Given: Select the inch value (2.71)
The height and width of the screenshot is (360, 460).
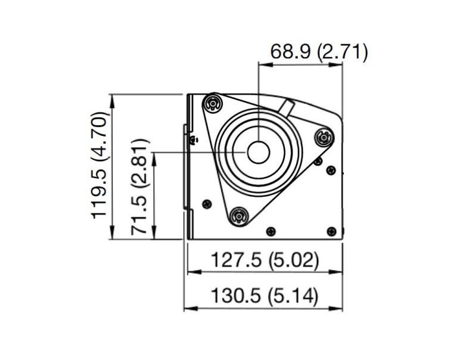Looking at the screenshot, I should pos(342,52).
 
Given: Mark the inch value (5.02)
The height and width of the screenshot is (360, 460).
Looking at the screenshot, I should pos(293,260).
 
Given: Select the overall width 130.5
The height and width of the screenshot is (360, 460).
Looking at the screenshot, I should pos(235,296).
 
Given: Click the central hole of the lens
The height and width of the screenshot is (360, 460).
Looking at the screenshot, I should pos(257,153).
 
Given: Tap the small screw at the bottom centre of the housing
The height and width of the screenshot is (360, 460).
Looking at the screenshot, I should pos(272,231).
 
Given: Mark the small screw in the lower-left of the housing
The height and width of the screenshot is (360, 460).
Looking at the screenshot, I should pos(207,203).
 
